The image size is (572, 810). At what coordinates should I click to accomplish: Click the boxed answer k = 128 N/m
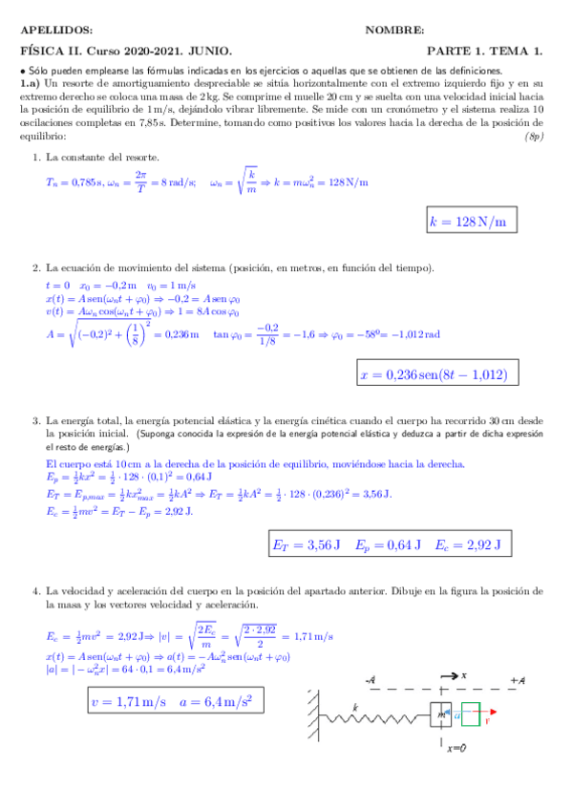click(468, 222)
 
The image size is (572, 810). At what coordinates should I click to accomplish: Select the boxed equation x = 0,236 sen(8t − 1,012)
click(434, 375)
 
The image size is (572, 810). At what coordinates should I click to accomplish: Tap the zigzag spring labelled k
click(369, 714)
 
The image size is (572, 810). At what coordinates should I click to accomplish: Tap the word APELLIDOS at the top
click(57, 32)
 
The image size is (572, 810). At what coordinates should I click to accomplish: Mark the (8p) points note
click(535, 137)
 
